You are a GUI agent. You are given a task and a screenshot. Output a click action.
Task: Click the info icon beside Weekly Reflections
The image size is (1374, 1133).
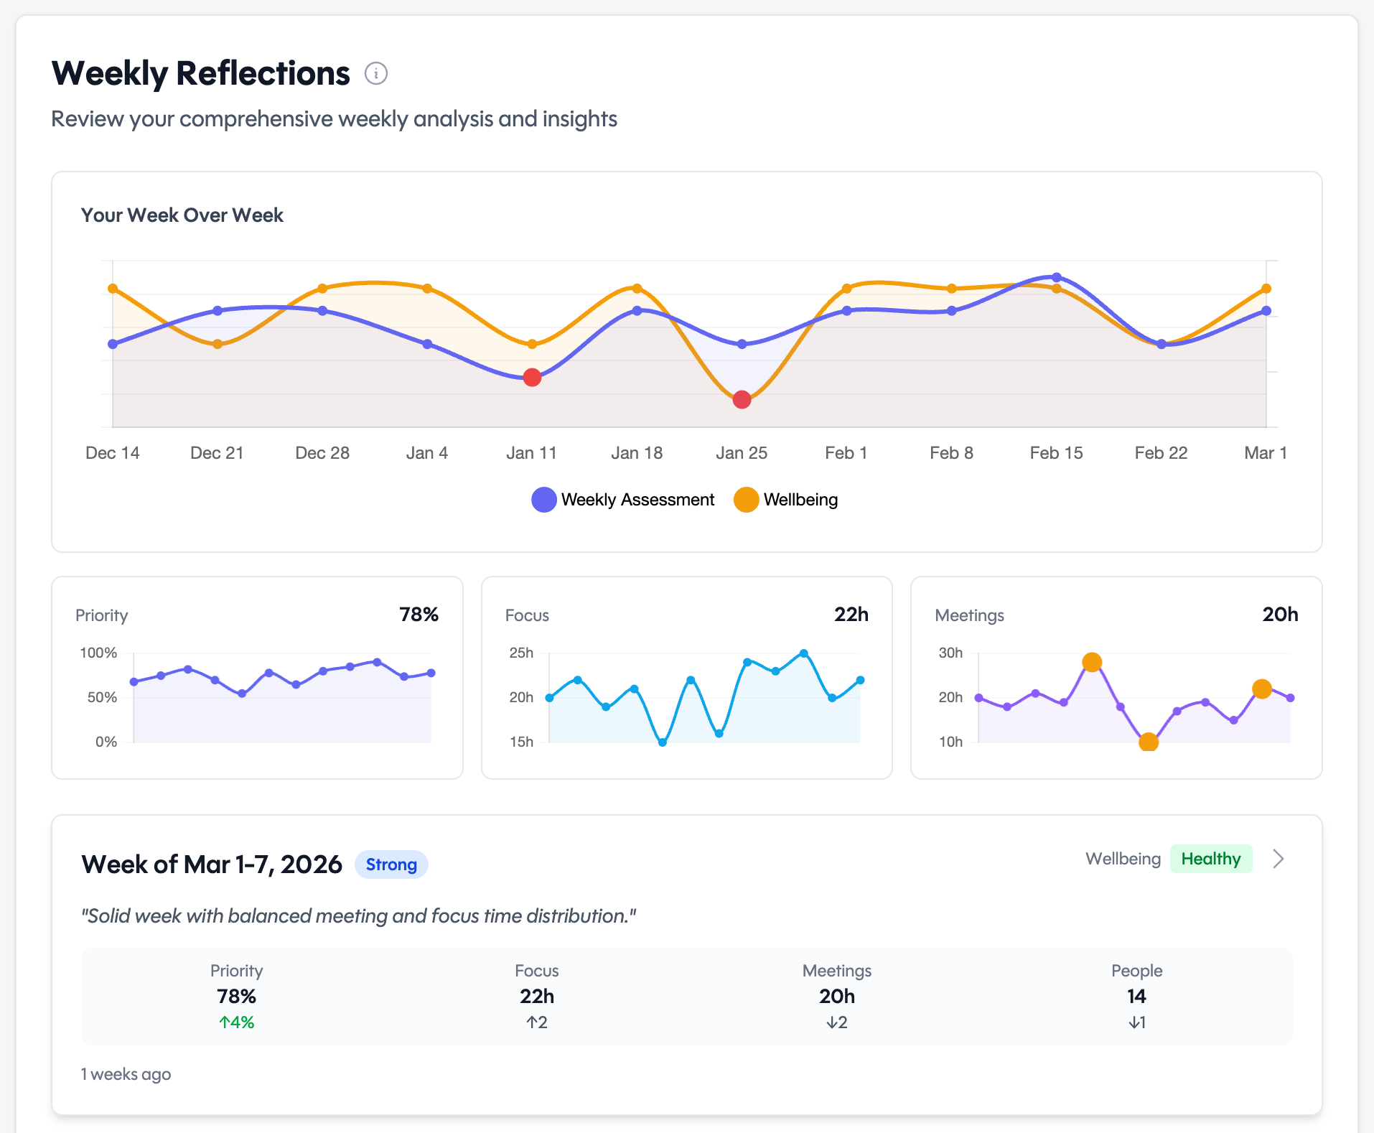click(376, 73)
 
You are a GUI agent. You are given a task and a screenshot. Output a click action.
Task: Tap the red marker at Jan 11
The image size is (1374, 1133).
click(532, 378)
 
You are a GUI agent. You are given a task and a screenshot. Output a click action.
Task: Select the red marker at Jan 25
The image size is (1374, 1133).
click(742, 400)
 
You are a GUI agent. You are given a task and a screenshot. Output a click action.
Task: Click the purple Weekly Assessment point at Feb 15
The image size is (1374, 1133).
click(1056, 277)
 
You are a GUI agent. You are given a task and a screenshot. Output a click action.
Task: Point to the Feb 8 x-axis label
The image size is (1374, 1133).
click(951, 453)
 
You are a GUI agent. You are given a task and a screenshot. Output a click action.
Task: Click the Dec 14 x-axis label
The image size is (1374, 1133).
click(113, 453)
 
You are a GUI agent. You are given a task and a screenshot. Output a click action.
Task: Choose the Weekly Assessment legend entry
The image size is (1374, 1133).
click(622, 500)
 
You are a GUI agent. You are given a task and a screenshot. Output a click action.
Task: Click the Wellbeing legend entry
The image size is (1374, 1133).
click(786, 500)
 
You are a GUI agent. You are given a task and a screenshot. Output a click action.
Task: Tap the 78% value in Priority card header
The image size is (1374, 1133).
click(419, 615)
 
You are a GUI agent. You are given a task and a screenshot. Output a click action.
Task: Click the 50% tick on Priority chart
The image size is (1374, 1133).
click(102, 697)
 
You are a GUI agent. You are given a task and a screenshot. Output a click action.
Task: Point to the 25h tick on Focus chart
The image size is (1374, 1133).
click(521, 653)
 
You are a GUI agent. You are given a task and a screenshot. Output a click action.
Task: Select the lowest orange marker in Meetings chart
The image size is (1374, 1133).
click(1149, 742)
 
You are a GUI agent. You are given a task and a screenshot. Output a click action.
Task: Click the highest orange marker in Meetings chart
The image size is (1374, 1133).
click(1092, 662)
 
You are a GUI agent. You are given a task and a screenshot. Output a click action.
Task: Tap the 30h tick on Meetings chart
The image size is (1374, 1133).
click(950, 653)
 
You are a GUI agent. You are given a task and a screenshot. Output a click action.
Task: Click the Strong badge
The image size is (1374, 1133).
click(391, 864)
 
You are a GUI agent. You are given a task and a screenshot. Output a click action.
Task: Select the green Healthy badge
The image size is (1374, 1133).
click(1210, 859)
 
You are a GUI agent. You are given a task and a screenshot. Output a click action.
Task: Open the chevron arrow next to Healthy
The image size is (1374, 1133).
click(1279, 859)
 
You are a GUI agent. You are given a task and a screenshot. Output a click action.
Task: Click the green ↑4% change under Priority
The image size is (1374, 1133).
click(237, 1022)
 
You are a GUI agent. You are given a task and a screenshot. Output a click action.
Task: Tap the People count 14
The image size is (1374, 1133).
click(1136, 997)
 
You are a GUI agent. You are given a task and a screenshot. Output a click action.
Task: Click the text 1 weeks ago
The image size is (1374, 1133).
click(126, 1074)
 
